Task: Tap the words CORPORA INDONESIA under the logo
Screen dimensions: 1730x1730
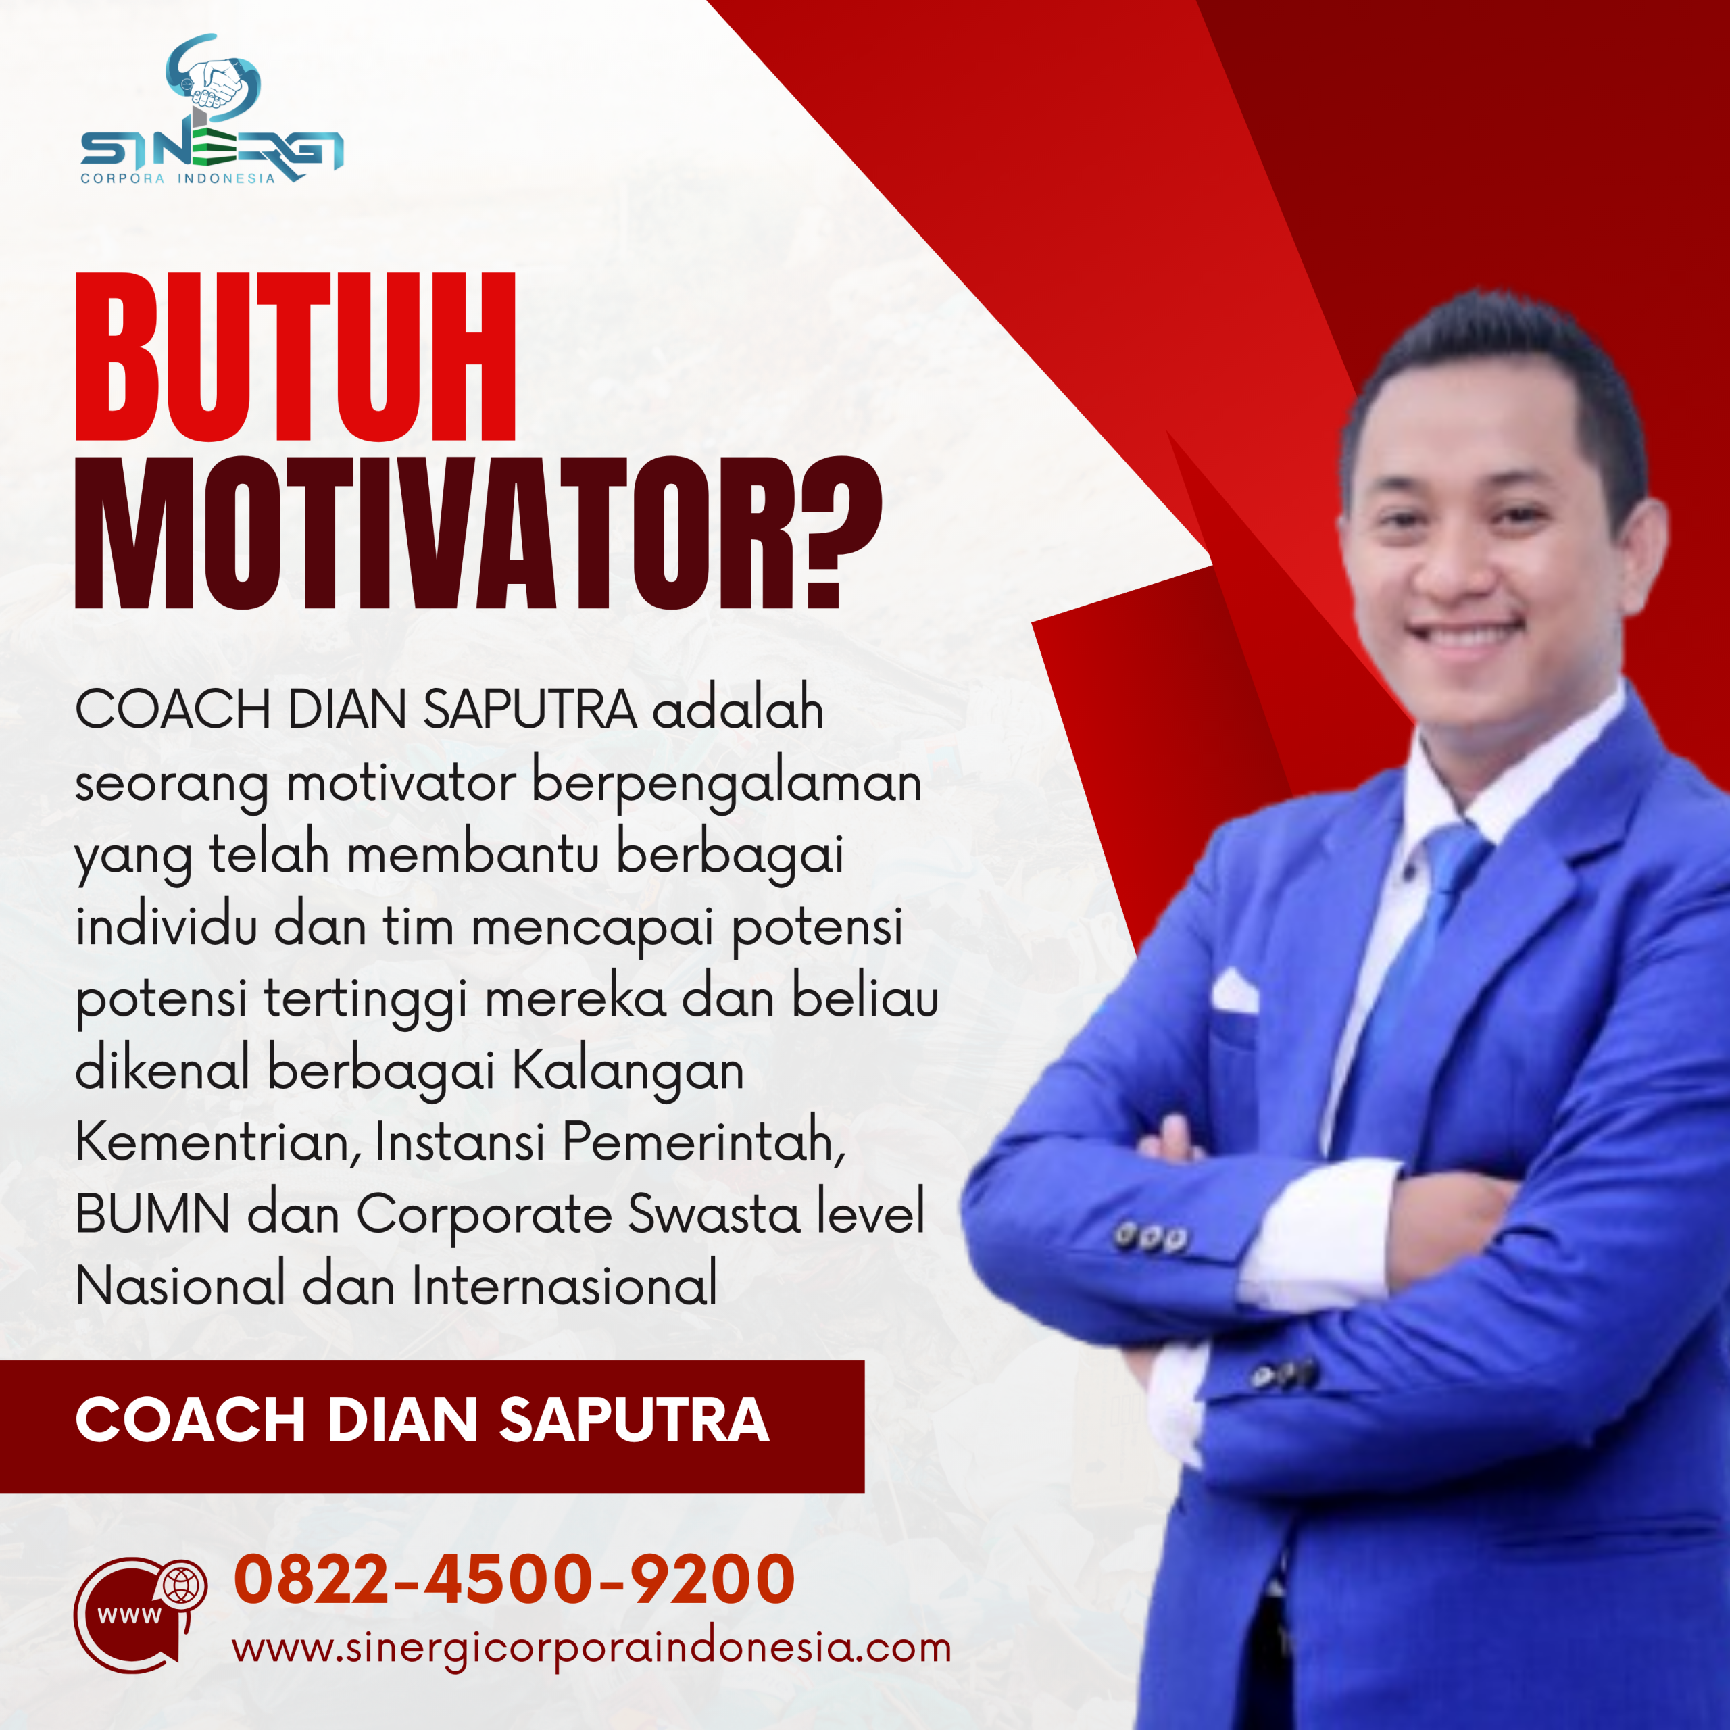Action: pos(177,178)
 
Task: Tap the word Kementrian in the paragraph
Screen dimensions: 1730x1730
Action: pos(213,1143)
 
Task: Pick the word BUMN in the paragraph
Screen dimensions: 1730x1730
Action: pos(152,1215)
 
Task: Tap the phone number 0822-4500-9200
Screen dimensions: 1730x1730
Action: pos(514,1578)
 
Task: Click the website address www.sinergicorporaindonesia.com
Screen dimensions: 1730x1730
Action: pos(591,1648)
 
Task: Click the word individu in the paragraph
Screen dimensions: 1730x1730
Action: pos(166,928)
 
